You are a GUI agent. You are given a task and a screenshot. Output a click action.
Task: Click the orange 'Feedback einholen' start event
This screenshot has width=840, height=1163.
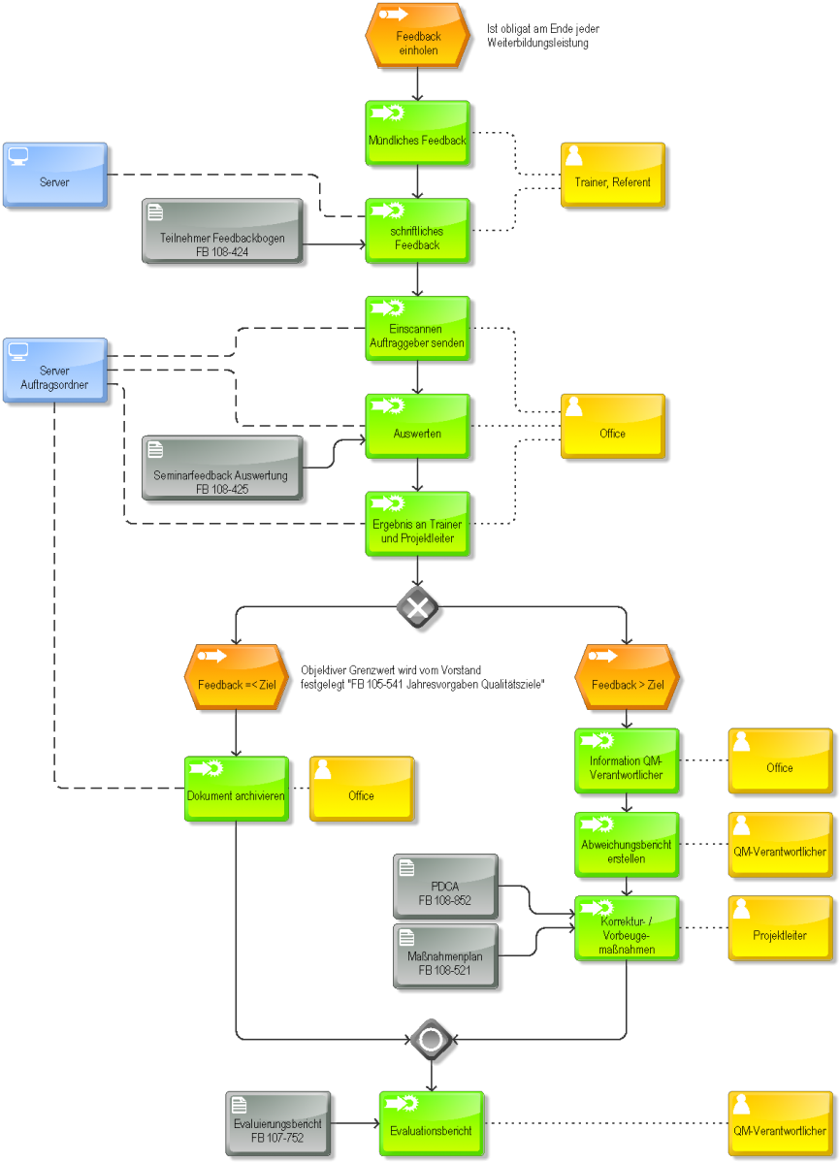(x=417, y=36)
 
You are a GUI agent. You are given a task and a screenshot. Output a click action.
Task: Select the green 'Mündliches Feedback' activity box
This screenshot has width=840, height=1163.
(x=417, y=133)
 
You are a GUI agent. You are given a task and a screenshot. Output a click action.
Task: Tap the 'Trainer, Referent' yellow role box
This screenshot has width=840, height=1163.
(x=612, y=175)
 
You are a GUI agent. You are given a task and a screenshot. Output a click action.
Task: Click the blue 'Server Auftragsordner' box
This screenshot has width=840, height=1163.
(x=55, y=371)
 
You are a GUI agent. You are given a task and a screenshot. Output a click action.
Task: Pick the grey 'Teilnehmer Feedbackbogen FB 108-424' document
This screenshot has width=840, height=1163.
(x=222, y=231)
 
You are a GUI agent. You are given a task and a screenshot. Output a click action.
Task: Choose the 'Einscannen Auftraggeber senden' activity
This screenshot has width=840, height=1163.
(x=417, y=329)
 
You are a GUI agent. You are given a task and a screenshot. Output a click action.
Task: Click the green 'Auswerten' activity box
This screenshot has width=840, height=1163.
(x=417, y=427)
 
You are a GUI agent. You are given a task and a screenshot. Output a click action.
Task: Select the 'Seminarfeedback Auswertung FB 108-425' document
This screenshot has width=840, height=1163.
(x=222, y=468)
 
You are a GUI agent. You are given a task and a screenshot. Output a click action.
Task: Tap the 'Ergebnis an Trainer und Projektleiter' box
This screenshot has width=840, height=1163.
(x=417, y=524)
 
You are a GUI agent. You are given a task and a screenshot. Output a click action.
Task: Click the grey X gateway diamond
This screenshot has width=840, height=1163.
(x=417, y=607)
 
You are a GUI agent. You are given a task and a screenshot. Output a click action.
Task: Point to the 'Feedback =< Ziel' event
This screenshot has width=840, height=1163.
(x=236, y=677)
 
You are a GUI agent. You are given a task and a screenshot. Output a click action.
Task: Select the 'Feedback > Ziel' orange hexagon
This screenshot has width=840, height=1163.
(x=627, y=677)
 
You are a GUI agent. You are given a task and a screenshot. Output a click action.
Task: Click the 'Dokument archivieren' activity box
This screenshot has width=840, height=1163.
(x=236, y=789)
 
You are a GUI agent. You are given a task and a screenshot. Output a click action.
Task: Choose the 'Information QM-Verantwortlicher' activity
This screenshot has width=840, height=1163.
(x=627, y=761)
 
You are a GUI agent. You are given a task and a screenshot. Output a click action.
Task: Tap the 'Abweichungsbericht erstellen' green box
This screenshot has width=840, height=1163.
(x=627, y=845)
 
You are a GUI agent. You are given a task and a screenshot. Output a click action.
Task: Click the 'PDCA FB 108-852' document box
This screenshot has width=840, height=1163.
(x=445, y=887)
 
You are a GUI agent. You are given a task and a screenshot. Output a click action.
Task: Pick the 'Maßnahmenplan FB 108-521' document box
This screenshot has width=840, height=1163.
(x=445, y=956)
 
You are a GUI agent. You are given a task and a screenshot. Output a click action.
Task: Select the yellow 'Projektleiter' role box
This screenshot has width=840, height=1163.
(x=780, y=928)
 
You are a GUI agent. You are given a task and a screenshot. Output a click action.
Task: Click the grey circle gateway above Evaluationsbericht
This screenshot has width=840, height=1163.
(x=431, y=1040)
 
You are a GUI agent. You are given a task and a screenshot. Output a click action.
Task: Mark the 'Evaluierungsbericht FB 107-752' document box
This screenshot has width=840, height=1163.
(x=278, y=1123)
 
